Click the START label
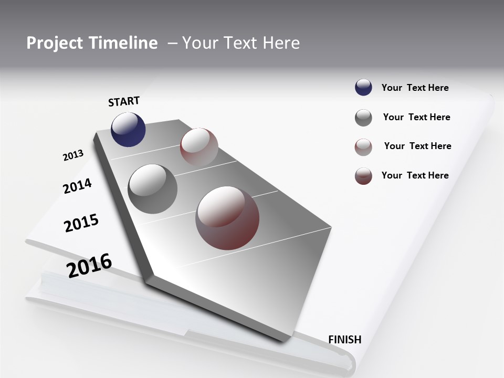pyautogui.click(x=124, y=101)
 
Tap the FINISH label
pyautogui.click(x=345, y=340)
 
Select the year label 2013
pyautogui.click(x=73, y=155)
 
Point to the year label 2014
pyautogui.click(x=77, y=186)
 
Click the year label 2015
pyautogui.click(x=81, y=223)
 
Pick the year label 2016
pyautogui.click(x=89, y=266)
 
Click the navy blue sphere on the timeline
pyautogui.click(x=128, y=129)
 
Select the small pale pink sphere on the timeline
pyautogui.click(x=199, y=147)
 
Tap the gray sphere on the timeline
pyautogui.click(x=153, y=189)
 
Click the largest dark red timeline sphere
pyautogui.click(x=227, y=218)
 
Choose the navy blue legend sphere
pyautogui.click(x=363, y=88)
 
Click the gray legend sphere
pyautogui.click(x=363, y=118)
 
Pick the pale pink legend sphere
pyautogui.click(x=363, y=147)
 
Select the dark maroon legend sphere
pyautogui.click(x=363, y=176)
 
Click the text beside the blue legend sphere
pyautogui.click(x=415, y=88)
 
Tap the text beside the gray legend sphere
pyautogui.click(x=416, y=117)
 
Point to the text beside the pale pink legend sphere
pyautogui.click(x=417, y=146)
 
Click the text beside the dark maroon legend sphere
pyautogui.click(x=415, y=175)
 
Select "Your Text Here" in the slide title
pyautogui.click(x=241, y=43)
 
